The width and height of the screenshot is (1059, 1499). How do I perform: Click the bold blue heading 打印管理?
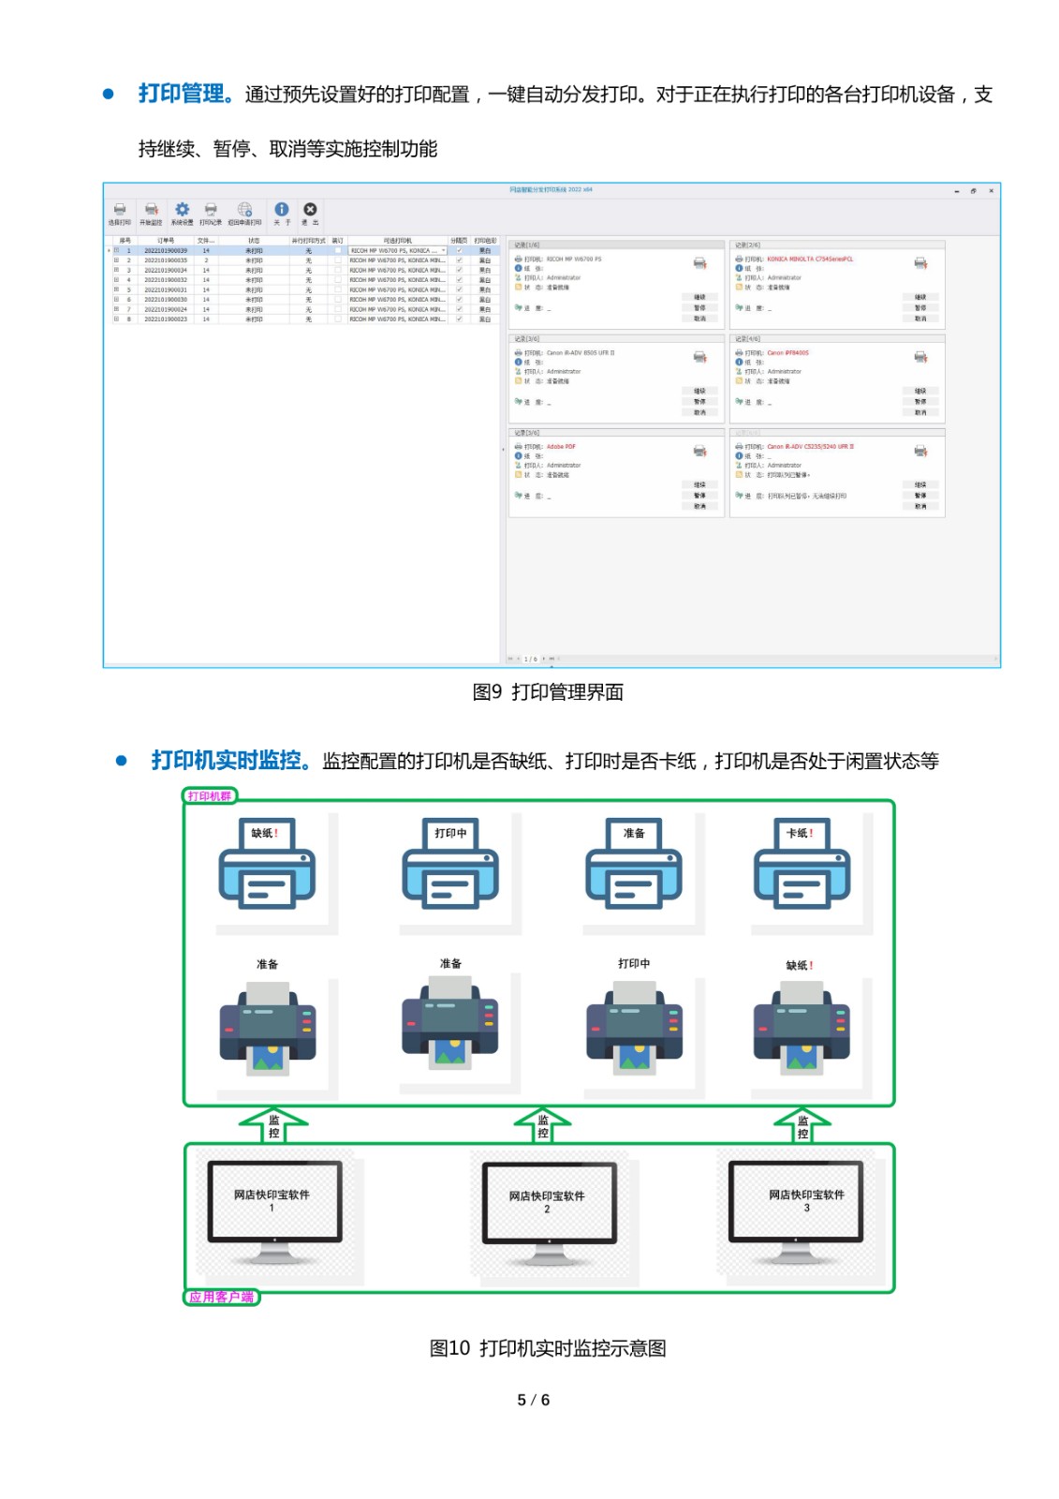coord(182,94)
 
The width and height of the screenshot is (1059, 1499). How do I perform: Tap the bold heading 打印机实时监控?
coord(226,760)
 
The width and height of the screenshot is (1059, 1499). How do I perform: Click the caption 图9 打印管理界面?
coord(548,692)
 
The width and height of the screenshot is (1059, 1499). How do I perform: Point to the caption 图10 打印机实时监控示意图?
coord(548,1348)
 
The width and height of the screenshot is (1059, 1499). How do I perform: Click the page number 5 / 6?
coord(533,1400)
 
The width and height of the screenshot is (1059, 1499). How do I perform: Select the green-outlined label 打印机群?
coord(210,796)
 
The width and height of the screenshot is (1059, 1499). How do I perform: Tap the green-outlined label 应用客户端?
coord(221,1297)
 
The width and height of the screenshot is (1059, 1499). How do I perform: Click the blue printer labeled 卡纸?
coord(802,866)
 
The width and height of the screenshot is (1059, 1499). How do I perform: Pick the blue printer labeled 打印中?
coord(450,866)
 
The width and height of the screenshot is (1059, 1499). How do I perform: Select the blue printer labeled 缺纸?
coord(267,866)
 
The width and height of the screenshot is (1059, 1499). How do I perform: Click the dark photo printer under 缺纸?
coord(802,1028)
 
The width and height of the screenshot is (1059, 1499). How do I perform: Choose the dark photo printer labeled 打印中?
coord(634,1028)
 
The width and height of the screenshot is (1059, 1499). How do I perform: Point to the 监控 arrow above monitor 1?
coord(273,1125)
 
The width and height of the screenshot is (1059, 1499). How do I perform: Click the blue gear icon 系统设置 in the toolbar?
coord(183,211)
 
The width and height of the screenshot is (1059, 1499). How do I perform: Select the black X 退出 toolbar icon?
coord(310,211)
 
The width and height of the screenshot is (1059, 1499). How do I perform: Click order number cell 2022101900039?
coord(166,251)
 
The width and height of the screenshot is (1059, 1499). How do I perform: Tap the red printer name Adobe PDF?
coord(561,447)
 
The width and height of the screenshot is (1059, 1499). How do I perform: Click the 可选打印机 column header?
coord(397,241)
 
